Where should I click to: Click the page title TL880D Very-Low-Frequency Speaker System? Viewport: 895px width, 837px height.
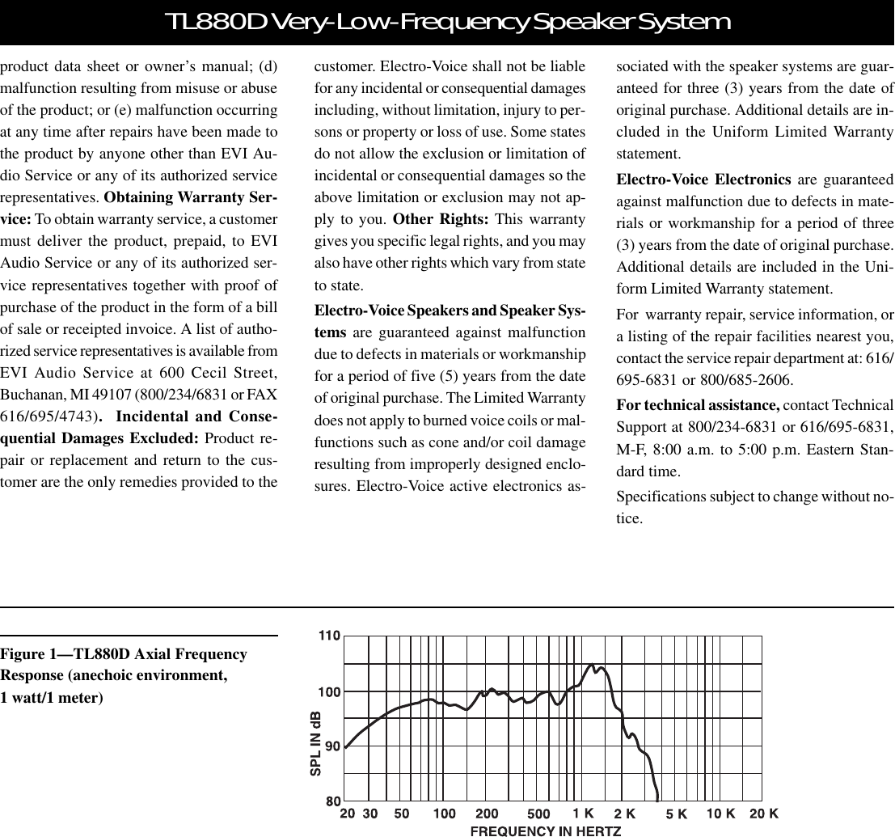(x=446, y=22)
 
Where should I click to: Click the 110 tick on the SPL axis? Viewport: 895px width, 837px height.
(x=328, y=636)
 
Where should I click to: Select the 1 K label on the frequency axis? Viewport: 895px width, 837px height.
(x=583, y=813)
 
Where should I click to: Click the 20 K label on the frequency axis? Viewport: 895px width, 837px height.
(x=763, y=813)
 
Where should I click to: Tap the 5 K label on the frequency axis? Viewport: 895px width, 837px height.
(x=676, y=814)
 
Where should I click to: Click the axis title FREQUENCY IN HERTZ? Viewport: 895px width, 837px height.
(x=546, y=830)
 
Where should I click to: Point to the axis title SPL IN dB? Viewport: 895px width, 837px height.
(x=316, y=744)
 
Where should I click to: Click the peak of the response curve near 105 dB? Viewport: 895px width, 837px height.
(x=592, y=666)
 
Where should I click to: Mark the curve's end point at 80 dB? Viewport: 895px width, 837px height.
(x=658, y=800)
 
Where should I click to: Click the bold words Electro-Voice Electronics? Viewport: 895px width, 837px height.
(x=703, y=180)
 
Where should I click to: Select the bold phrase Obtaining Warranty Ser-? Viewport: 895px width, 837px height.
(x=192, y=199)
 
